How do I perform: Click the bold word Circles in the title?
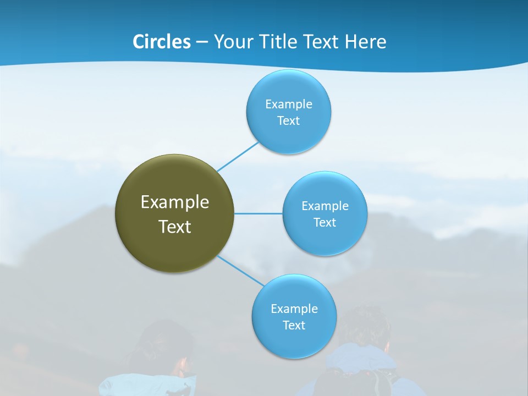[161, 42]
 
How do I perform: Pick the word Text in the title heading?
[321, 42]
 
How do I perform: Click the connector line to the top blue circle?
[238, 156]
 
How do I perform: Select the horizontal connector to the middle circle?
[258, 213]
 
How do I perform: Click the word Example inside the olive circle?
[175, 202]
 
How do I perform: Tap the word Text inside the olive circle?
[175, 227]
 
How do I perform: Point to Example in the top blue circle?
[288, 105]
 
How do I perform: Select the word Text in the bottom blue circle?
[294, 326]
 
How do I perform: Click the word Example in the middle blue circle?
[324, 206]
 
